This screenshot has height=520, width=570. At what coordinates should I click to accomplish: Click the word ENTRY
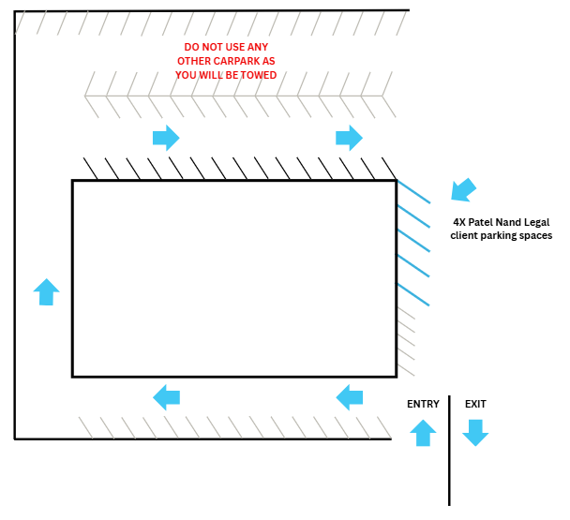pyautogui.click(x=423, y=404)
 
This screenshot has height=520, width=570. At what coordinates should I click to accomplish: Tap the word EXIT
pyautogui.click(x=475, y=404)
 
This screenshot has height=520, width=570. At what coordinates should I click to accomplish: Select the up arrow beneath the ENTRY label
pyautogui.click(x=423, y=433)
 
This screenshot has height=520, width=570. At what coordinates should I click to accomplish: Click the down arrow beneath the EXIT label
pyautogui.click(x=475, y=433)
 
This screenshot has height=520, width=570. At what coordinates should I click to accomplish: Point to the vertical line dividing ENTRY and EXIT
pyautogui.click(x=449, y=451)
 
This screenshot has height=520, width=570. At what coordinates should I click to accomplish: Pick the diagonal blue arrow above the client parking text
pyautogui.click(x=463, y=190)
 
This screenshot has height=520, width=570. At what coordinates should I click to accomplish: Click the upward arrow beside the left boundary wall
pyautogui.click(x=47, y=291)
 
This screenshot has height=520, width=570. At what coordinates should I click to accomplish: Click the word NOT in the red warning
pyautogui.click(x=212, y=47)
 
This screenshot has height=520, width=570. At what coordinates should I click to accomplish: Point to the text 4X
pyautogui.click(x=459, y=222)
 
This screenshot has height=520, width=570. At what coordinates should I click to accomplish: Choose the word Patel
pyautogui.click(x=481, y=222)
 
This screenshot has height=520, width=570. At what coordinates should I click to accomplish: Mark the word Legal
pyautogui.click(x=537, y=222)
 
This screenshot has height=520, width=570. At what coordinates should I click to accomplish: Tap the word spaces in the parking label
pyautogui.click(x=536, y=236)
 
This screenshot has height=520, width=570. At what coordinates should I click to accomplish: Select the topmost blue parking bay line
pyautogui.click(x=413, y=191)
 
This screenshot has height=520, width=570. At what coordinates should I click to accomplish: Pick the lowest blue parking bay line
pyautogui.click(x=413, y=294)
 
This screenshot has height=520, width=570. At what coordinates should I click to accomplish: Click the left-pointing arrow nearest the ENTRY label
pyautogui.click(x=350, y=397)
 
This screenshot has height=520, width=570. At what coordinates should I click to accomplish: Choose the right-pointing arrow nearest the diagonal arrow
pyautogui.click(x=349, y=138)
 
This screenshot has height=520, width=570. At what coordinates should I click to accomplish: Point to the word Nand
pyautogui.click(x=508, y=222)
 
